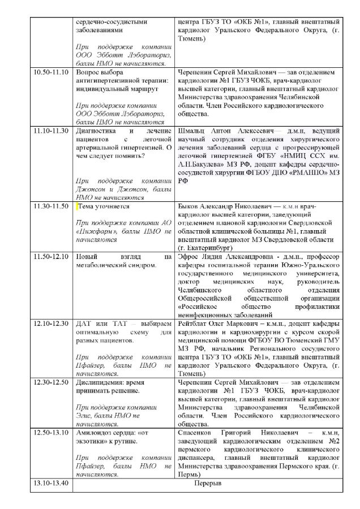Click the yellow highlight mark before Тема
tap(78, 206)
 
